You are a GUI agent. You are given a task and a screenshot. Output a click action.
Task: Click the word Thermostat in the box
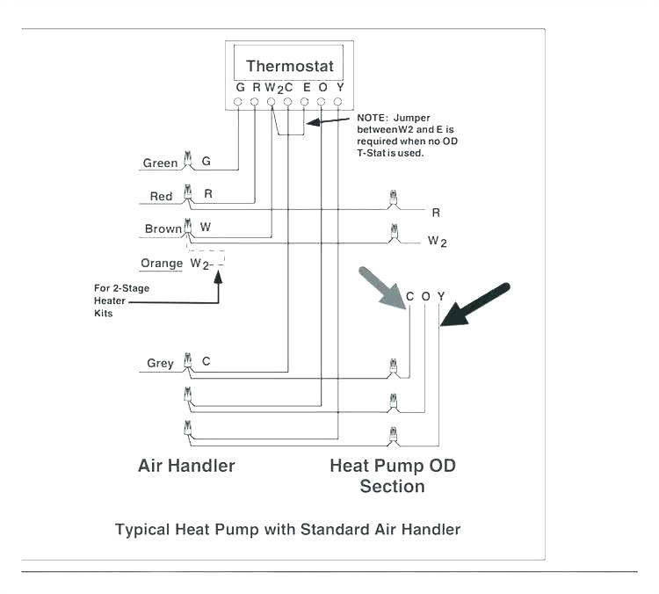click(x=290, y=66)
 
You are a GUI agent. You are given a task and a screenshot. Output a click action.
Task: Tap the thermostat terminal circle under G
click(x=239, y=102)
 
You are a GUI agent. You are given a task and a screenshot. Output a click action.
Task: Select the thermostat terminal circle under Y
click(x=338, y=102)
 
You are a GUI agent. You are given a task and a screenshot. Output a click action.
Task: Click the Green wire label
click(x=161, y=163)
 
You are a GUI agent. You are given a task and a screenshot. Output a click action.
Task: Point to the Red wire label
click(x=161, y=197)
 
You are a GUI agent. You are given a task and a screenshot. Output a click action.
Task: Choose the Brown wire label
click(x=163, y=228)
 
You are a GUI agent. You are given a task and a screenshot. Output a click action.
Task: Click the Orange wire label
click(x=162, y=264)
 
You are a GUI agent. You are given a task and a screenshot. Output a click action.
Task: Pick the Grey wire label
click(x=160, y=363)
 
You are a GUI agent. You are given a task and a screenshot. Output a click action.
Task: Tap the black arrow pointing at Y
click(x=474, y=304)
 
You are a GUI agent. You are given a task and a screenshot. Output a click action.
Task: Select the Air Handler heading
click(x=186, y=465)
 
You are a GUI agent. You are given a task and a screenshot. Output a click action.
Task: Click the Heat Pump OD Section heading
click(x=393, y=474)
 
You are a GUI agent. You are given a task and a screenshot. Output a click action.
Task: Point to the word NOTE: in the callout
click(x=374, y=118)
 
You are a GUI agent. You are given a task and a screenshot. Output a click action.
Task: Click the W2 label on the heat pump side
click(x=437, y=241)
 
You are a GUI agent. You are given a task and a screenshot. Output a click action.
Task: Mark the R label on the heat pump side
click(x=436, y=212)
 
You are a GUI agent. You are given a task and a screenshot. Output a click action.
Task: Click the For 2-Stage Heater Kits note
click(x=116, y=300)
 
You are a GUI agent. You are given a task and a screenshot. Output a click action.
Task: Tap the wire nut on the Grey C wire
click(x=186, y=361)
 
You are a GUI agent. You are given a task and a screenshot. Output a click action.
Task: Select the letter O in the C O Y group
click(x=425, y=297)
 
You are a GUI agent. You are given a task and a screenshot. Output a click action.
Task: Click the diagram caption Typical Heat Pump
click(x=287, y=529)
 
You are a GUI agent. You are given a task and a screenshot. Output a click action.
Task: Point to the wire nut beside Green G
click(x=186, y=160)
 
